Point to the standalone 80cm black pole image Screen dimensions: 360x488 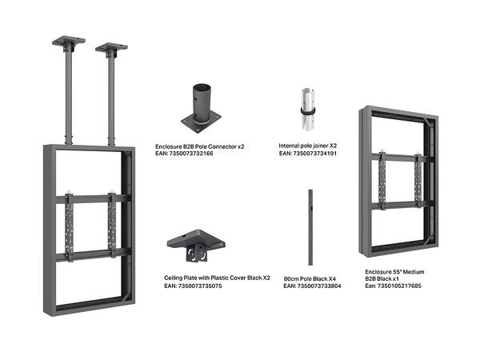[x=308, y=230]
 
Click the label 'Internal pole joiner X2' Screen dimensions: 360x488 [x=307, y=146]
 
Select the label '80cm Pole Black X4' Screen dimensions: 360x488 [x=309, y=278]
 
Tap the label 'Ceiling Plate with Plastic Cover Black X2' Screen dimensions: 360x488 [x=217, y=278]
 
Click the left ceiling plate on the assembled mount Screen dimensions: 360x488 [x=69, y=41]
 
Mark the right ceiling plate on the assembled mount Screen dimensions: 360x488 [x=111, y=47]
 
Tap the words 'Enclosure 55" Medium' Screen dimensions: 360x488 [x=393, y=271]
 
